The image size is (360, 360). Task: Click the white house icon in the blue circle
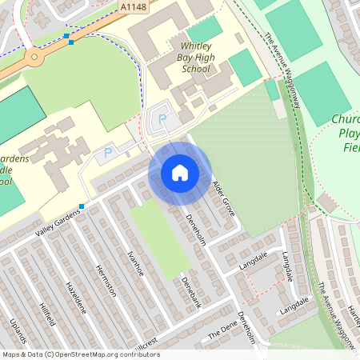pyautogui.click(x=179, y=173)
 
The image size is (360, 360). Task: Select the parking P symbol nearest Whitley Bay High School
pyautogui.click(x=162, y=120)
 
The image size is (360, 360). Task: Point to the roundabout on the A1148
pyautogui.click(x=34, y=58)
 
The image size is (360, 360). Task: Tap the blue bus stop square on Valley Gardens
pyautogui.click(x=82, y=206)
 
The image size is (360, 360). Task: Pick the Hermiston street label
pyautogui.click(x=106, y=280)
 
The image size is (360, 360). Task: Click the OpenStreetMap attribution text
pyautogui.click(x=81, y=354)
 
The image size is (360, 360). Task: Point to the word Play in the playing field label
pyautogui.click(x=350, y=134)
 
